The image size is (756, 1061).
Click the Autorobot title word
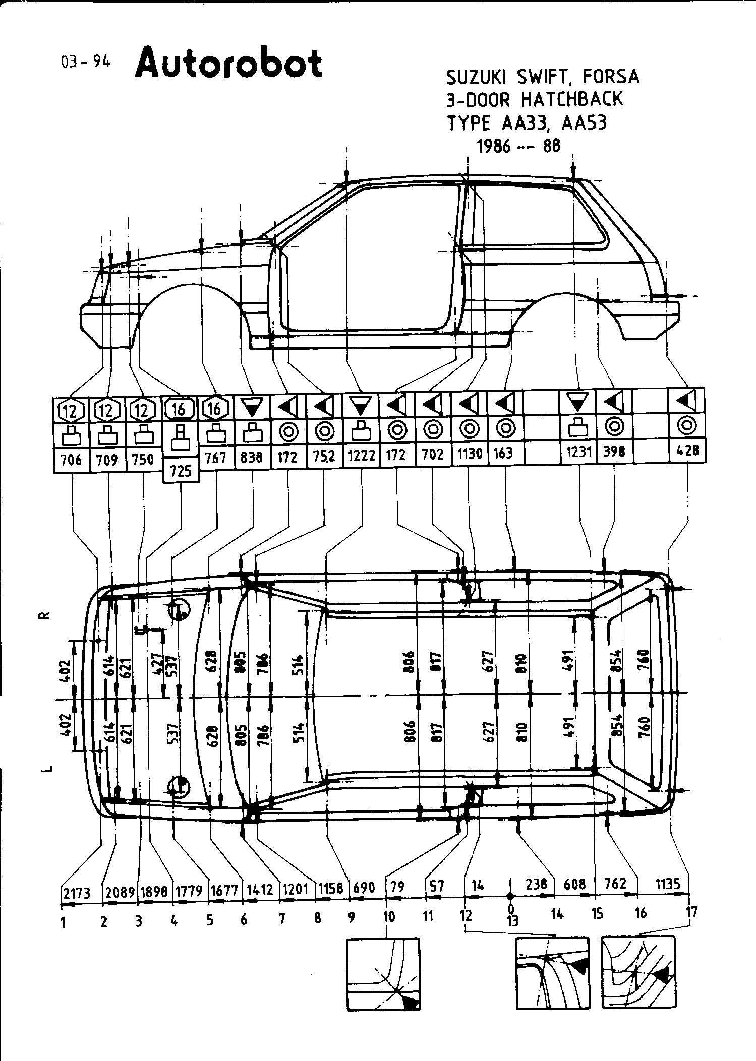(x=228, y=64)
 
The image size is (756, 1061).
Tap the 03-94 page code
(x=85, y=61)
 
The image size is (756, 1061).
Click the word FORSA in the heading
(x=611, y=77)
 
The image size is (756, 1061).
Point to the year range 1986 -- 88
(x=518, y=146)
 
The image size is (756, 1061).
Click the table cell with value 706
(x=71, y=460)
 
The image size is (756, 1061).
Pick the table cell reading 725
(x=181, y=471)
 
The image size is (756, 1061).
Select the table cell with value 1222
(x=362, y=455)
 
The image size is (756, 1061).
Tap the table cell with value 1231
(x=578, y=452)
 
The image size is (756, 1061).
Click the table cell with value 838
(x=252, y=457)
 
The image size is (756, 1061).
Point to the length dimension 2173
(x=76, y=893)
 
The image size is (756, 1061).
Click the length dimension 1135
(x=668, y=883)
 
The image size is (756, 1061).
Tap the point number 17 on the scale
(x=692, y=911)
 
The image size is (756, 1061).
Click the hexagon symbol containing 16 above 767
(x=215, y=409)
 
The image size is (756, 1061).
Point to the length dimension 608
(x=575, y=884)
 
